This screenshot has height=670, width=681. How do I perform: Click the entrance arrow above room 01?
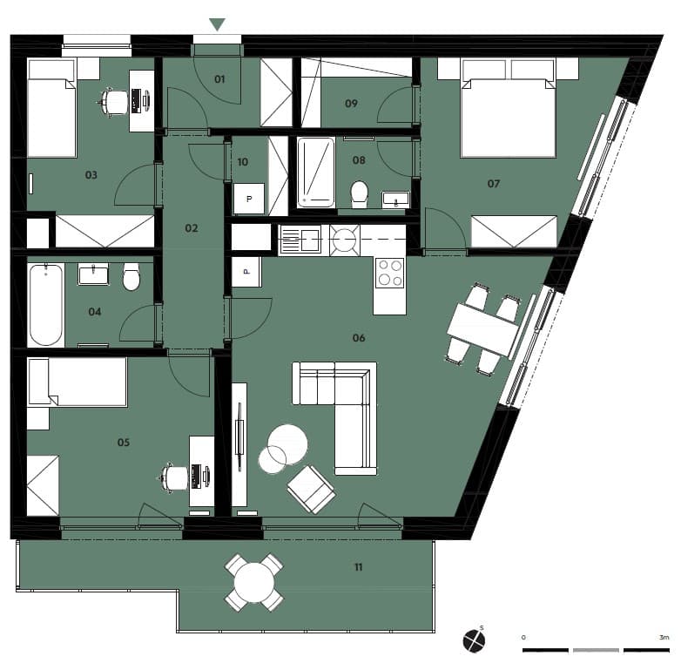tap(217, 24)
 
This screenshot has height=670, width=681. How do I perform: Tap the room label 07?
tap(494, 184)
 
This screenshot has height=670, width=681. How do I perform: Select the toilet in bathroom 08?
tap(359, 192)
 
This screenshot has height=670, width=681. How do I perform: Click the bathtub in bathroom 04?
tap(46, 305)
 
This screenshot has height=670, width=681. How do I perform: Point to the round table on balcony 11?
tap(254, 582)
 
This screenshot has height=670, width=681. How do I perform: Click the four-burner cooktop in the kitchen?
tap(389, 273)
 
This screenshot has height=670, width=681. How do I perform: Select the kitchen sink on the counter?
tap(300, 240)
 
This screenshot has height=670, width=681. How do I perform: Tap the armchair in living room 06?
tap(311, 489)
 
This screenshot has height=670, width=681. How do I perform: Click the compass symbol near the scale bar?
tap(474, 641)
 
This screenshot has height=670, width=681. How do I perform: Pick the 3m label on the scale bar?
tap(664, 638)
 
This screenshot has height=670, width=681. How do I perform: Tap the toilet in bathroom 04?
tap(131, 277)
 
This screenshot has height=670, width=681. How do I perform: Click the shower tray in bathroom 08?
tap(316, 173)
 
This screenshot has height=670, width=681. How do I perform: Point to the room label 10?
tap(243, 162)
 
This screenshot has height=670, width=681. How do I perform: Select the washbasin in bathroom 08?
tap(395, 200)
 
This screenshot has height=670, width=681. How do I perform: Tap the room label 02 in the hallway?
tap(192, 228)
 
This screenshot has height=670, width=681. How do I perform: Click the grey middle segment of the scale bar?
tap(596, 650)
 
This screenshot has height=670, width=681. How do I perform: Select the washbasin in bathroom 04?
tap(93, 274)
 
